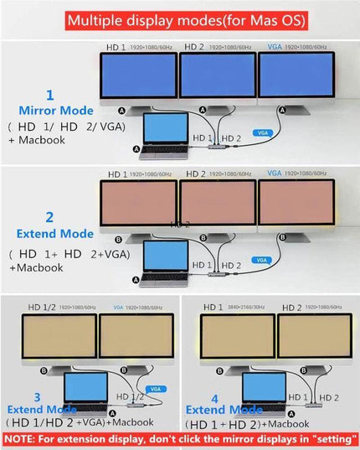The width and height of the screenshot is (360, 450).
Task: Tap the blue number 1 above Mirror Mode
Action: coord(49,96)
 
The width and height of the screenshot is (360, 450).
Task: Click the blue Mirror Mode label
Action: coord(56,110)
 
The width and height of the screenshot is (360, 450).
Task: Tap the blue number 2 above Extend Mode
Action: coord(49,218)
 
